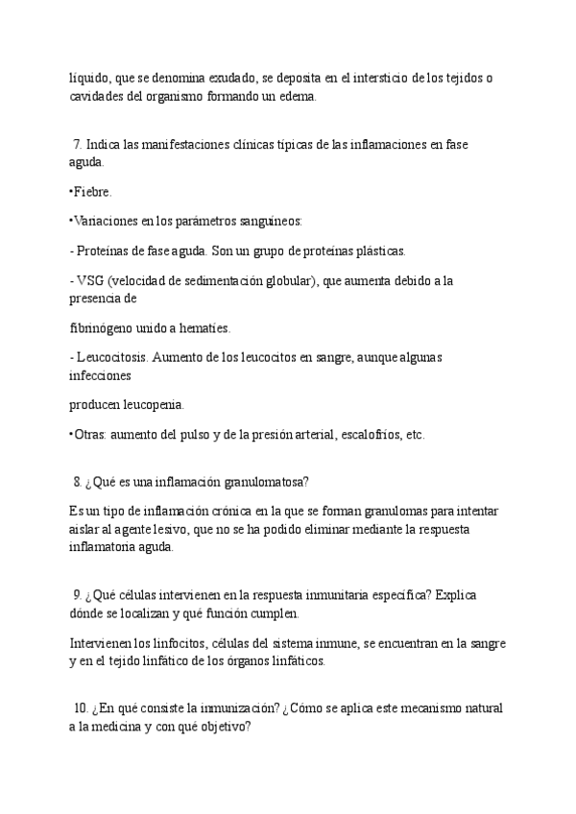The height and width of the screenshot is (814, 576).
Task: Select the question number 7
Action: tap(77, 144)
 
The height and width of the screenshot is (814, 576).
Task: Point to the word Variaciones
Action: tap(105, 222)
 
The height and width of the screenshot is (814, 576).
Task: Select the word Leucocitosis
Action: tap(113, 357)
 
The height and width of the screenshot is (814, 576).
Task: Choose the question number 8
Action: tap(77, 482)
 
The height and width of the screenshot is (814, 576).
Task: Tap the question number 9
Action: tap(77, 595)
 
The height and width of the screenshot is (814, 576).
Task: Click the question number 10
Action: tap(80, 709)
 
